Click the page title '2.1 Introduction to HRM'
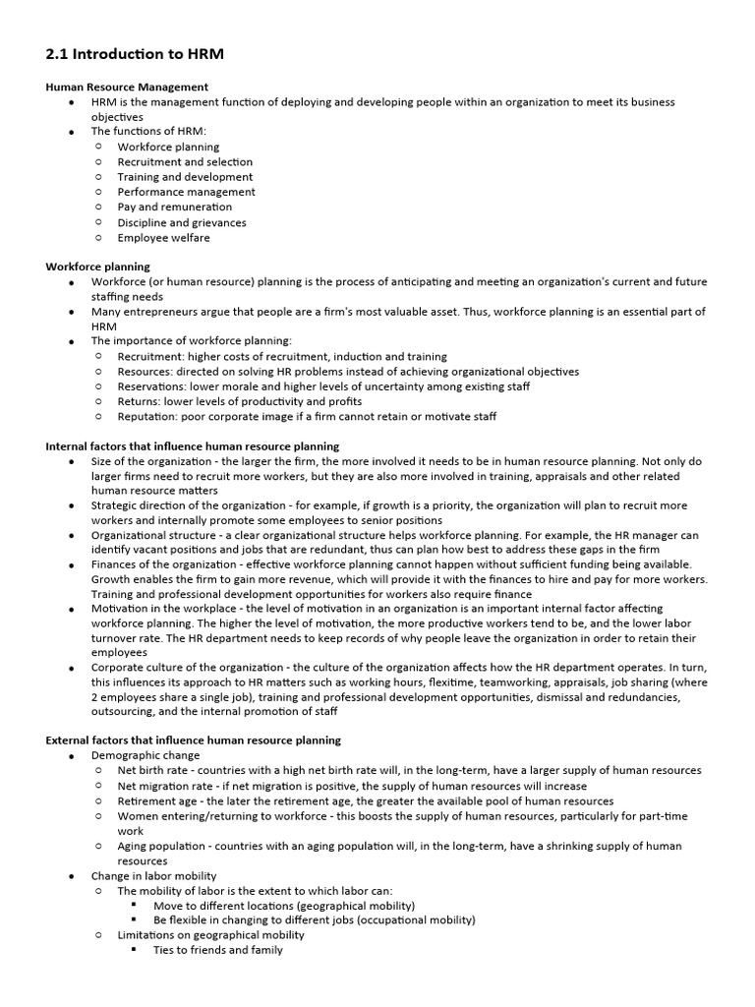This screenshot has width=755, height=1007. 135,54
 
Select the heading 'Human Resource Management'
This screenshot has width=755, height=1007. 127,87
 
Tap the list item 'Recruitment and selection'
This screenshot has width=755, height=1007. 185,162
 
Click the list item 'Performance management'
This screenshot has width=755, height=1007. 186,193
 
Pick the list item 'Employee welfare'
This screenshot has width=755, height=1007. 163,238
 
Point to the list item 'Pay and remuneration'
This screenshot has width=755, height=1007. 175,207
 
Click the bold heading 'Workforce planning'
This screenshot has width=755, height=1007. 98,267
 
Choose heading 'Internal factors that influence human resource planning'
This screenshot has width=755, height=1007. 193,445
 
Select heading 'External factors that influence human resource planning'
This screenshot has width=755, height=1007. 194,740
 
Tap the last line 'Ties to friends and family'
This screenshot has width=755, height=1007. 218,951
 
